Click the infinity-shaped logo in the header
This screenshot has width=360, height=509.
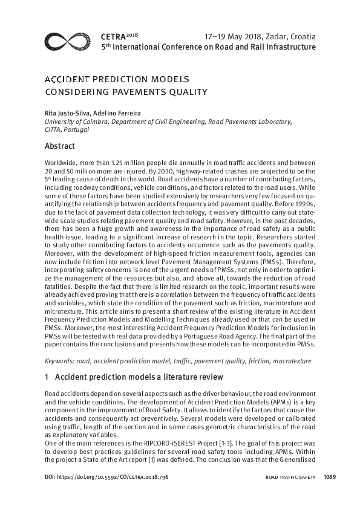tap(68, 42)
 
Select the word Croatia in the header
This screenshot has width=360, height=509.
tap(301, 36)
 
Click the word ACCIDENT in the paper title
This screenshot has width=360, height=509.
tap(67, 80)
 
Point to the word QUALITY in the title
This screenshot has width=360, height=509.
tap(186, 92)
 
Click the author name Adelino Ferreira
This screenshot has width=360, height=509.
tap(119, 113)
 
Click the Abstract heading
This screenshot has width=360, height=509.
tap(60, 146)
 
